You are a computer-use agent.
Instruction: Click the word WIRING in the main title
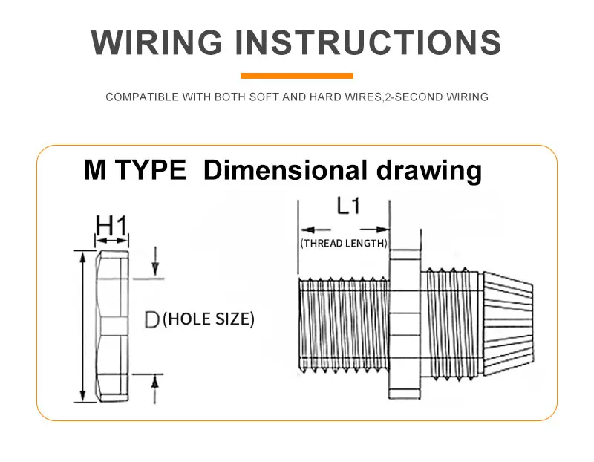coord(157,42)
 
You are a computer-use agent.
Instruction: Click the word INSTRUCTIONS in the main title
coord(368,42)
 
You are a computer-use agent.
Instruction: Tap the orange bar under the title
coord(297,76)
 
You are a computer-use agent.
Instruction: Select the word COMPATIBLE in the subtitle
coord(142,97)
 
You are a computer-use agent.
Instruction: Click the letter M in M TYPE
coord(95,170)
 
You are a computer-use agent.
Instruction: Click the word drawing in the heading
coord(429,171)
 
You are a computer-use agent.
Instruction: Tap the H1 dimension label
coord(111,226)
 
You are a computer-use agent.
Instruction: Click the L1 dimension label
coord(348,206)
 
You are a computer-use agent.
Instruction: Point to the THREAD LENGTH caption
coord(344,244)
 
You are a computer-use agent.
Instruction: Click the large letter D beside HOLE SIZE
coord(152,319)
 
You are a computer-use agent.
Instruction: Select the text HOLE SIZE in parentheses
coord(209,319)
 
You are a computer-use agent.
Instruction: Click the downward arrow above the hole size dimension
coord(155,261)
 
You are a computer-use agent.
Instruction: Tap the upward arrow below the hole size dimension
coord(154,389)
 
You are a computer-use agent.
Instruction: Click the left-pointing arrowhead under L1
coord(307,230)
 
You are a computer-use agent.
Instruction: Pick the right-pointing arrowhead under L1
coord(382,230)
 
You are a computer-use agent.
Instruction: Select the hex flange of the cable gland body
coord(405,324)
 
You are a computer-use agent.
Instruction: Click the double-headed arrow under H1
coord(111,241)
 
